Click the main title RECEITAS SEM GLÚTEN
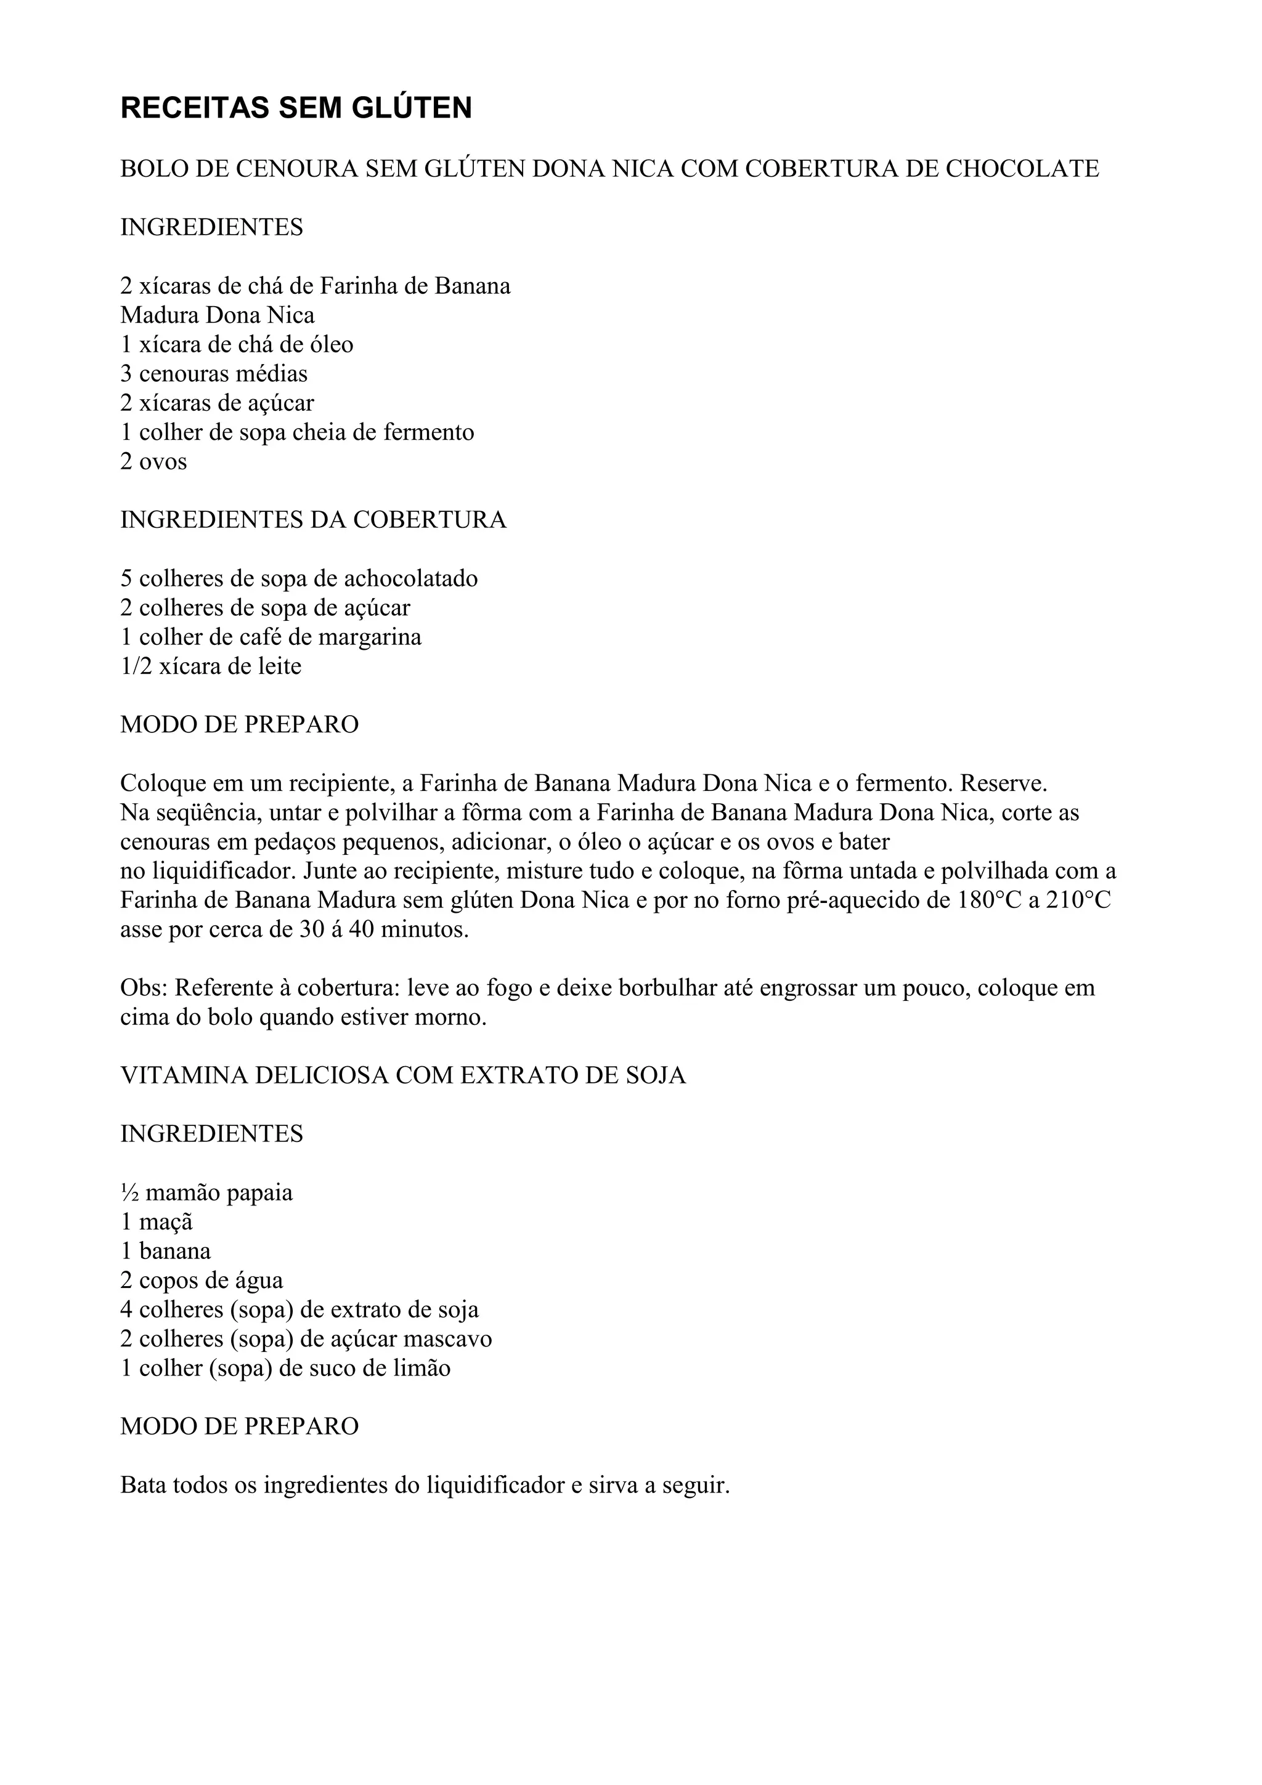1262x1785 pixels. click(x=296, y=108)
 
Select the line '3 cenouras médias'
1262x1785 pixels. click(x=214, y=374)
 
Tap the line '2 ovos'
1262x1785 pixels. click(x=153, y=462)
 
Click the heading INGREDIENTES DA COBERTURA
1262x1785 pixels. click(x=314, y=520)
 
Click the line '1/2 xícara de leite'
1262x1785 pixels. click(x=211, y=666)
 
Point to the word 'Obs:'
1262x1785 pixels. click(x=144, y=988)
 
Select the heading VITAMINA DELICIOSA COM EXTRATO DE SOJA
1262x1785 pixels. click(x=403, y=1075)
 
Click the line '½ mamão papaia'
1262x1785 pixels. click(x=207, y=1192)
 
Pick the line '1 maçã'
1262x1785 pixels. click(x=157, y=1222)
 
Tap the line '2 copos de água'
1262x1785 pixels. click(x=202, y=1281)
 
